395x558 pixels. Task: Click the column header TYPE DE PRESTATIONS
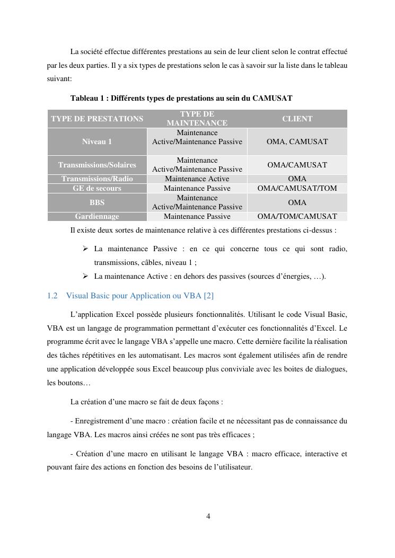(97, 119)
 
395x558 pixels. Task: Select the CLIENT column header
(297, 119)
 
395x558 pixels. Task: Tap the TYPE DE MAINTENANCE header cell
(197, 119)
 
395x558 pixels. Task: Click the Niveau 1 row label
(97, 141)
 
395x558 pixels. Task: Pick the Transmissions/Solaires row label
(97, 165)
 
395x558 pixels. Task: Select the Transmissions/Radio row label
(97, 179)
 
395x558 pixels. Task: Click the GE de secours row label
(97, 188)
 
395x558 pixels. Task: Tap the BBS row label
(97, 202)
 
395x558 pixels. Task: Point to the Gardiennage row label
(97, 216)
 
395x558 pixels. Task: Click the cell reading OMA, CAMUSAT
(297, 141)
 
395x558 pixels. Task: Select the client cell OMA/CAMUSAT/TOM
(297, 188)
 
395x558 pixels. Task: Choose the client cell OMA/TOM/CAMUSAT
(297, 216)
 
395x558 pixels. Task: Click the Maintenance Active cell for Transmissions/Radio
(197, 179)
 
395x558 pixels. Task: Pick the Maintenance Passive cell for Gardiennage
(197, 216)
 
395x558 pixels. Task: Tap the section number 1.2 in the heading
(52, 296)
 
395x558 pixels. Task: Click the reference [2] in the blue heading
(208, 296)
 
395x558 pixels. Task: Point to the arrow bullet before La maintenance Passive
(85, 249)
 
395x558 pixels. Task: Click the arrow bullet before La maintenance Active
(85, 276)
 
